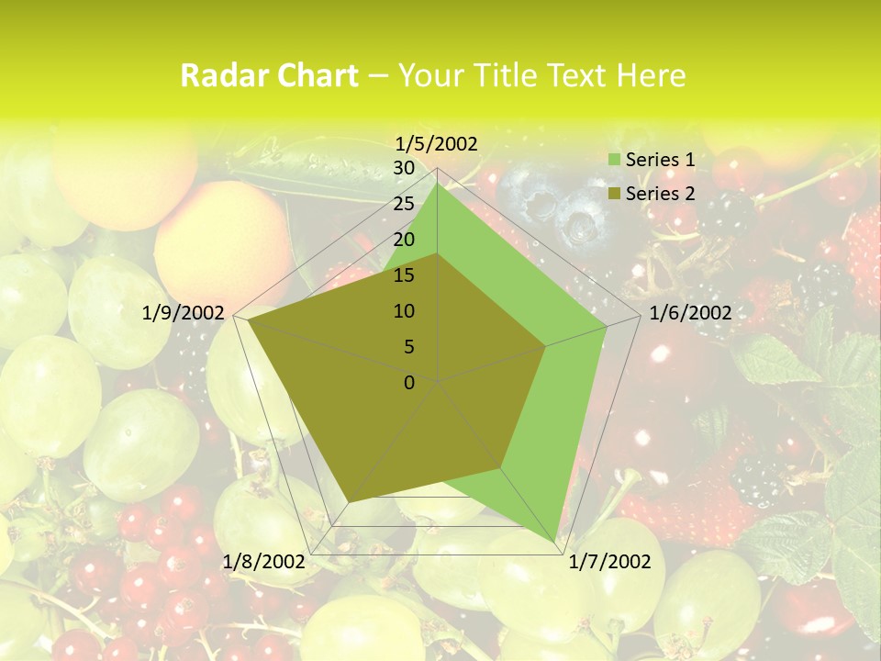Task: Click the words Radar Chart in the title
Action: coord(269,75)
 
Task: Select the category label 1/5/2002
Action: coord(436,143)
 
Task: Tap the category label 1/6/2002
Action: coord(690,313)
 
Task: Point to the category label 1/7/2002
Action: coord(610,562)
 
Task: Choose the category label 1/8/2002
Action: coord(263,562)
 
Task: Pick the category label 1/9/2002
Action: coord(184,313)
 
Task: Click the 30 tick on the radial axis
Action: coord(403,168)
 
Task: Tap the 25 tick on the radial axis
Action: coord(403,204)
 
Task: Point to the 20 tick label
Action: coord(403,240)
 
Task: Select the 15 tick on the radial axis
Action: coord(403,275)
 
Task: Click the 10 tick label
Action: coord(403,311)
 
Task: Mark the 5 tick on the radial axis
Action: coord(408,347)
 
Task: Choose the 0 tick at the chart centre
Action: coord(409,382)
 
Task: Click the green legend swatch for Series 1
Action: coord(615,160)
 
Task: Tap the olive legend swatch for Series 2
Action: coord(615,194)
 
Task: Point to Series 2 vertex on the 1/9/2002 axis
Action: coord(249,320)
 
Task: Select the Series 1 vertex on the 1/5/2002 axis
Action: coord(438,184)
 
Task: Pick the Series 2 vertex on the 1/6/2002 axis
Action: coord(546,346)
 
